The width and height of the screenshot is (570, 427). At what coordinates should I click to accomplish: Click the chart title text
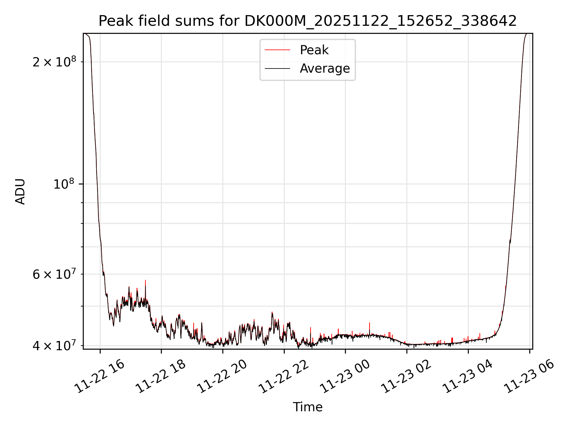[x=308, y=21]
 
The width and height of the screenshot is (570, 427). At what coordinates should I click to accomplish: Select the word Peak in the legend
[x=314, y=50]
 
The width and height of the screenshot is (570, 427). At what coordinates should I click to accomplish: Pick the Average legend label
[x=325, y=68]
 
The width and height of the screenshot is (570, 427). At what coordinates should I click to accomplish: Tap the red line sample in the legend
[x=277, y=50]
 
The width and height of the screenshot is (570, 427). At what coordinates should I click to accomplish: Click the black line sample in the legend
[x=277, y=68]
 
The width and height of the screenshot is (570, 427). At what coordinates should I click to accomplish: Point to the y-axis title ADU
[x=20, y=192]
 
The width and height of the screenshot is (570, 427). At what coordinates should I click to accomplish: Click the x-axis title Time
[x=308, y=407]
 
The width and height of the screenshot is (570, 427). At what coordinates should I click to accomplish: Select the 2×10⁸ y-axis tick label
[x=54, y=62]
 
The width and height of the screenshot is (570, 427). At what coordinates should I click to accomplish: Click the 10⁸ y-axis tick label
[x=64, y=184]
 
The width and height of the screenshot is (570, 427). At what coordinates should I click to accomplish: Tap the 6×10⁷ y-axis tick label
[x=54, y=274]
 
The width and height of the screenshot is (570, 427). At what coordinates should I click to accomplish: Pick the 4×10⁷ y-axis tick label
[x=54, y=346]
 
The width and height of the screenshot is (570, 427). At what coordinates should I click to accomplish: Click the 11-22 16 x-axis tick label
[x=99, y=377]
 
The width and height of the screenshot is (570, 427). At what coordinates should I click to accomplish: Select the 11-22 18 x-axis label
[x=161, y=377]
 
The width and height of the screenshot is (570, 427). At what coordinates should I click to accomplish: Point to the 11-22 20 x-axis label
[x=222, y=377]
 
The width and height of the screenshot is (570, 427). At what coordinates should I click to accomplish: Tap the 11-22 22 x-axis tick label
[x=284, y=377]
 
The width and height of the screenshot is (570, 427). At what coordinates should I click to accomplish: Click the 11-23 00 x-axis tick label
[x=345, y=377]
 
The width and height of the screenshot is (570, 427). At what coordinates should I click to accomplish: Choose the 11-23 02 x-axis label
[x=406, y=377]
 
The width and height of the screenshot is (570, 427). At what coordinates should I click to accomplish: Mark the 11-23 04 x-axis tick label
[x=468, y=377]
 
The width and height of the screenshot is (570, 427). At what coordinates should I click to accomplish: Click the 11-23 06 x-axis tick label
[x=529, y=377]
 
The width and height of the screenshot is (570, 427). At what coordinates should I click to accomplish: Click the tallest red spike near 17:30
[x=145, y=281]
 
